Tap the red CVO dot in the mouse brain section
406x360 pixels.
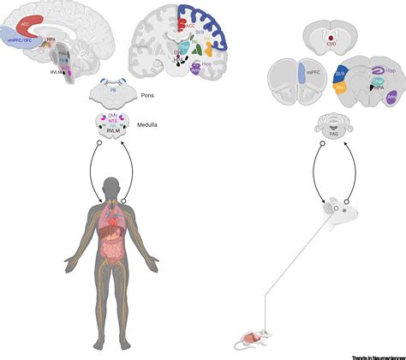(329, 38)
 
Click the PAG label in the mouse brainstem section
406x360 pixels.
(329, 127)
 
